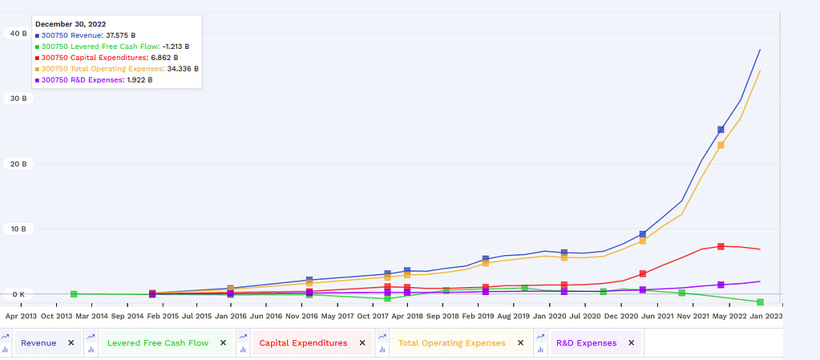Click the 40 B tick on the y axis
point(17,33)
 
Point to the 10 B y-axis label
point(17,229)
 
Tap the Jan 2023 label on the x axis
point(768,316)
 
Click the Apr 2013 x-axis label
point(22,316)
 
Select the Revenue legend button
point(38,343)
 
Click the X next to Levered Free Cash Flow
point(223,343)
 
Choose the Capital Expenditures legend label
point(303,343)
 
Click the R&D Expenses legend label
point(586,343)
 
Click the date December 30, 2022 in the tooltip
point(70,24)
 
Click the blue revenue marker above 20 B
point(721,129)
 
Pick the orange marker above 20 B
point(721,145)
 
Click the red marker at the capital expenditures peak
point(721,246)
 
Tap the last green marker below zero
point(760,302)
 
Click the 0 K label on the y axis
point(17,294)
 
